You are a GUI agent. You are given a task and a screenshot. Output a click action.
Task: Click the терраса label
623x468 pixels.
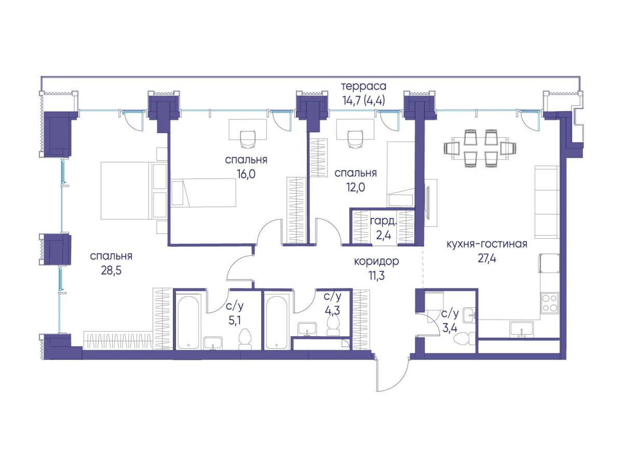tap(363, 86)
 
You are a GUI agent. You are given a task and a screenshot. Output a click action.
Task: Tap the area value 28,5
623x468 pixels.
tap(111, 270)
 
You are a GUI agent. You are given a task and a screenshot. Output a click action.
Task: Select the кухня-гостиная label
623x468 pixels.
tap(487, 244)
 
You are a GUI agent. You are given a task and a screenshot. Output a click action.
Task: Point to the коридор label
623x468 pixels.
tap(376, 261)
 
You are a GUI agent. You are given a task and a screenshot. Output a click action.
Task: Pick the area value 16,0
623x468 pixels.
tap(246, 174)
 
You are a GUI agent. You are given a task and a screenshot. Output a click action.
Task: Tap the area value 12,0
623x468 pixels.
tap(355, 187)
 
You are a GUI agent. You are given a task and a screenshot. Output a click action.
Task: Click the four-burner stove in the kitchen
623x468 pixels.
tap(550, 303)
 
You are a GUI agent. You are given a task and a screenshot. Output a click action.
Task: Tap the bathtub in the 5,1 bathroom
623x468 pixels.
tap(189, 323)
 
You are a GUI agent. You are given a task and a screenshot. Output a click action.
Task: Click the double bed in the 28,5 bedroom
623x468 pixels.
tap(133, 190)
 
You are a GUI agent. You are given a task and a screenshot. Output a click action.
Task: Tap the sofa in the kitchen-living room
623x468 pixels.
tap(547, 202)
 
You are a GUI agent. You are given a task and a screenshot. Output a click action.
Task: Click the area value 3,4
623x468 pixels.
tap(450, 328)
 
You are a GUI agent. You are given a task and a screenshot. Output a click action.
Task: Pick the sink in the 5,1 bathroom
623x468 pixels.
tap(213, 343)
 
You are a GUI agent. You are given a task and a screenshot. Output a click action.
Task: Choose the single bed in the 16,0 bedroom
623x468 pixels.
tap(204, 192)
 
